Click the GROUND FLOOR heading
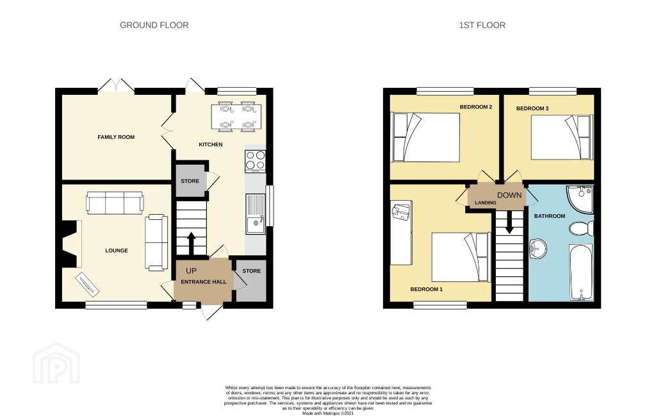[154, 25]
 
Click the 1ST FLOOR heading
[482, 25]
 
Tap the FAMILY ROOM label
[116, 137]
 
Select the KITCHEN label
[210, 144]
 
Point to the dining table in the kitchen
[237, 117]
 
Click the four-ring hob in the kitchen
[255, 161]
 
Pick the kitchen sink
[256, 214]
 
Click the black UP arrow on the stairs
[191, 244]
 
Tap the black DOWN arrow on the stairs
[509, 222]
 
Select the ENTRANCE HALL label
[203, 281]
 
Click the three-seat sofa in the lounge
[115, 203]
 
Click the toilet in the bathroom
[582, 228]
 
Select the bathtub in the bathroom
[582, 272]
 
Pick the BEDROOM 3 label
[532, 108]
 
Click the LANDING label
[486, 203]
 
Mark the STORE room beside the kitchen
[190, 181]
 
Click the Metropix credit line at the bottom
[328, 413]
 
